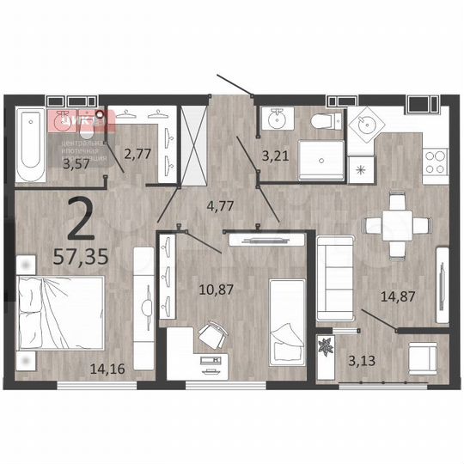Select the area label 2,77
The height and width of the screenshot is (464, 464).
tap(137, 155)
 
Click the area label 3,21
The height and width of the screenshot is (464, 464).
tap(275, 156)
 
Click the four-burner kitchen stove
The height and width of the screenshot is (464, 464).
tap(436, 161)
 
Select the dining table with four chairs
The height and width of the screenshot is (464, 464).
tap(396, 226)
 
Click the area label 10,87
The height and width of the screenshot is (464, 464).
tap(217, 290)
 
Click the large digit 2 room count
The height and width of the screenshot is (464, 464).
tap(82, 219)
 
